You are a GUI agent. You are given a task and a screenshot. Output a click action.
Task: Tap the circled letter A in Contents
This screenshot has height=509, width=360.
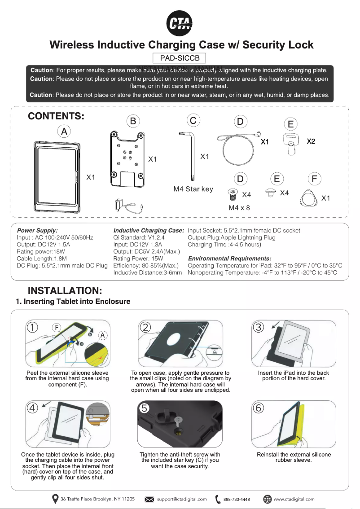65,132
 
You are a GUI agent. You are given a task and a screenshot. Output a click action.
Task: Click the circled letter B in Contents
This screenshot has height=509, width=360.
133,121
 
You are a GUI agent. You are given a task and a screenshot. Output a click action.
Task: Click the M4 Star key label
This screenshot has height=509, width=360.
193,189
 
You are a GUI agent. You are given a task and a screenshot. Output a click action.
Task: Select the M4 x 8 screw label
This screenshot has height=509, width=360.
239,208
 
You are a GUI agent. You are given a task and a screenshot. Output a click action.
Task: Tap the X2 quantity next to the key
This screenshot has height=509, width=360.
311,141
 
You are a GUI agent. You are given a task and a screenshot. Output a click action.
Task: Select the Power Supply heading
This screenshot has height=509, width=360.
37,230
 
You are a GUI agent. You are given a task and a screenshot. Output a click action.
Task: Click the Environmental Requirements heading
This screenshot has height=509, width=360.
229,259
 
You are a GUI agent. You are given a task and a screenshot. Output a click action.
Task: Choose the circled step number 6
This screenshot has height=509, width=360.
262,408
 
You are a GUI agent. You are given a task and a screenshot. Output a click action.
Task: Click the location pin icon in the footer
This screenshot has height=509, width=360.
55,499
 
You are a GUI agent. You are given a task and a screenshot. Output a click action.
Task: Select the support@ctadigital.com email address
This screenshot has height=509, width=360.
182,499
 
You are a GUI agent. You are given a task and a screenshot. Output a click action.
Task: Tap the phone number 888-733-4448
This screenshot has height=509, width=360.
236,499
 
